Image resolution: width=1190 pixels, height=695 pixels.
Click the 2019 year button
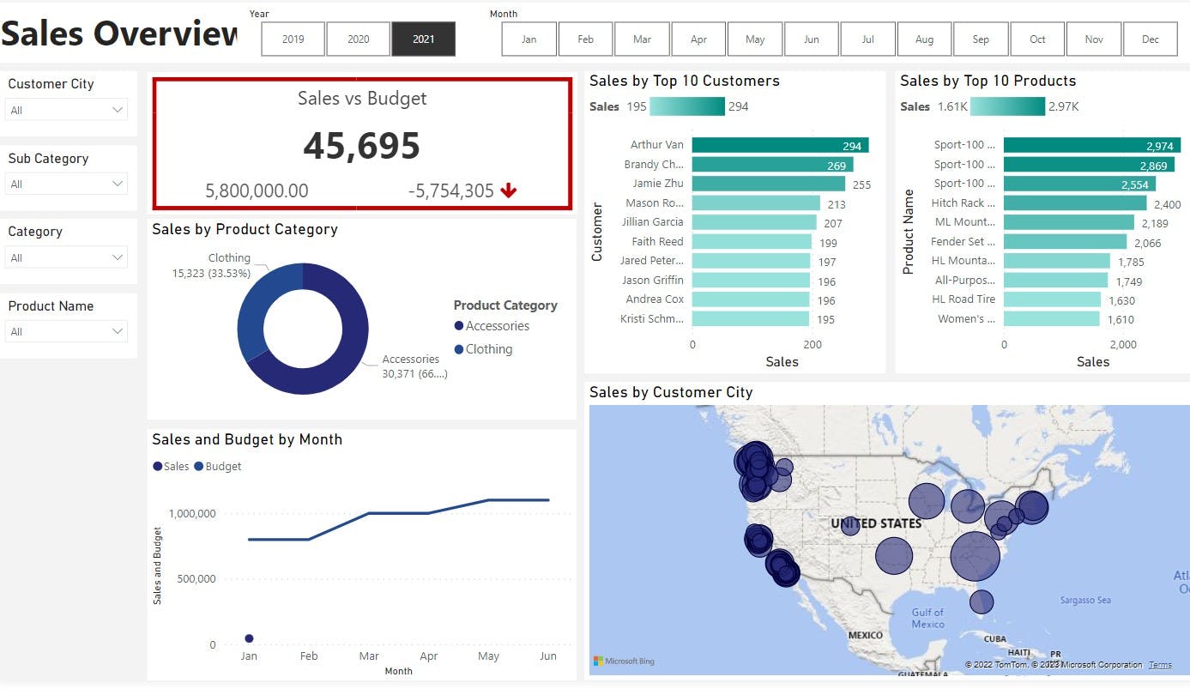(293, 39)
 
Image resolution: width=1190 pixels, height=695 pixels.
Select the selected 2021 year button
(423, 39)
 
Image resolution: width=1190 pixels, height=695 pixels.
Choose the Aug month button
(924, 39)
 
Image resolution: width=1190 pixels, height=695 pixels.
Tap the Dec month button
(1151, 39)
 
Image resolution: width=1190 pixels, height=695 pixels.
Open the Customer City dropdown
(66, 110)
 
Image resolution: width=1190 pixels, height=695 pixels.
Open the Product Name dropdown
(66, 331)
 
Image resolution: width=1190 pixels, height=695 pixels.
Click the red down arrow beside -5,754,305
(509, 190)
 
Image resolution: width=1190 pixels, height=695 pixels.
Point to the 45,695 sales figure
(361, 146)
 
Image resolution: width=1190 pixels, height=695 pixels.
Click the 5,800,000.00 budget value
(257, 191)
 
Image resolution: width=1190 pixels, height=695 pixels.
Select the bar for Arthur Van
(780, 145)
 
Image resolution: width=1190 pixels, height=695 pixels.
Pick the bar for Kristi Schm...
(750, 318)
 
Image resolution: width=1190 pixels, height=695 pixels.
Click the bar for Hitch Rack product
(1074, 203)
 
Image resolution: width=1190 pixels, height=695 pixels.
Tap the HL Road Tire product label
(963, 299)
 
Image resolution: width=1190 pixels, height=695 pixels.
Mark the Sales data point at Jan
(249, 638)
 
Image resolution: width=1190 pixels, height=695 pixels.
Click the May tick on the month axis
(488, 656)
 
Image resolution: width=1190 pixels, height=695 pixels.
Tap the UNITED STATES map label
(876, 523)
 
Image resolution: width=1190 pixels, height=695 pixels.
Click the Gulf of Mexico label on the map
(927, 618)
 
